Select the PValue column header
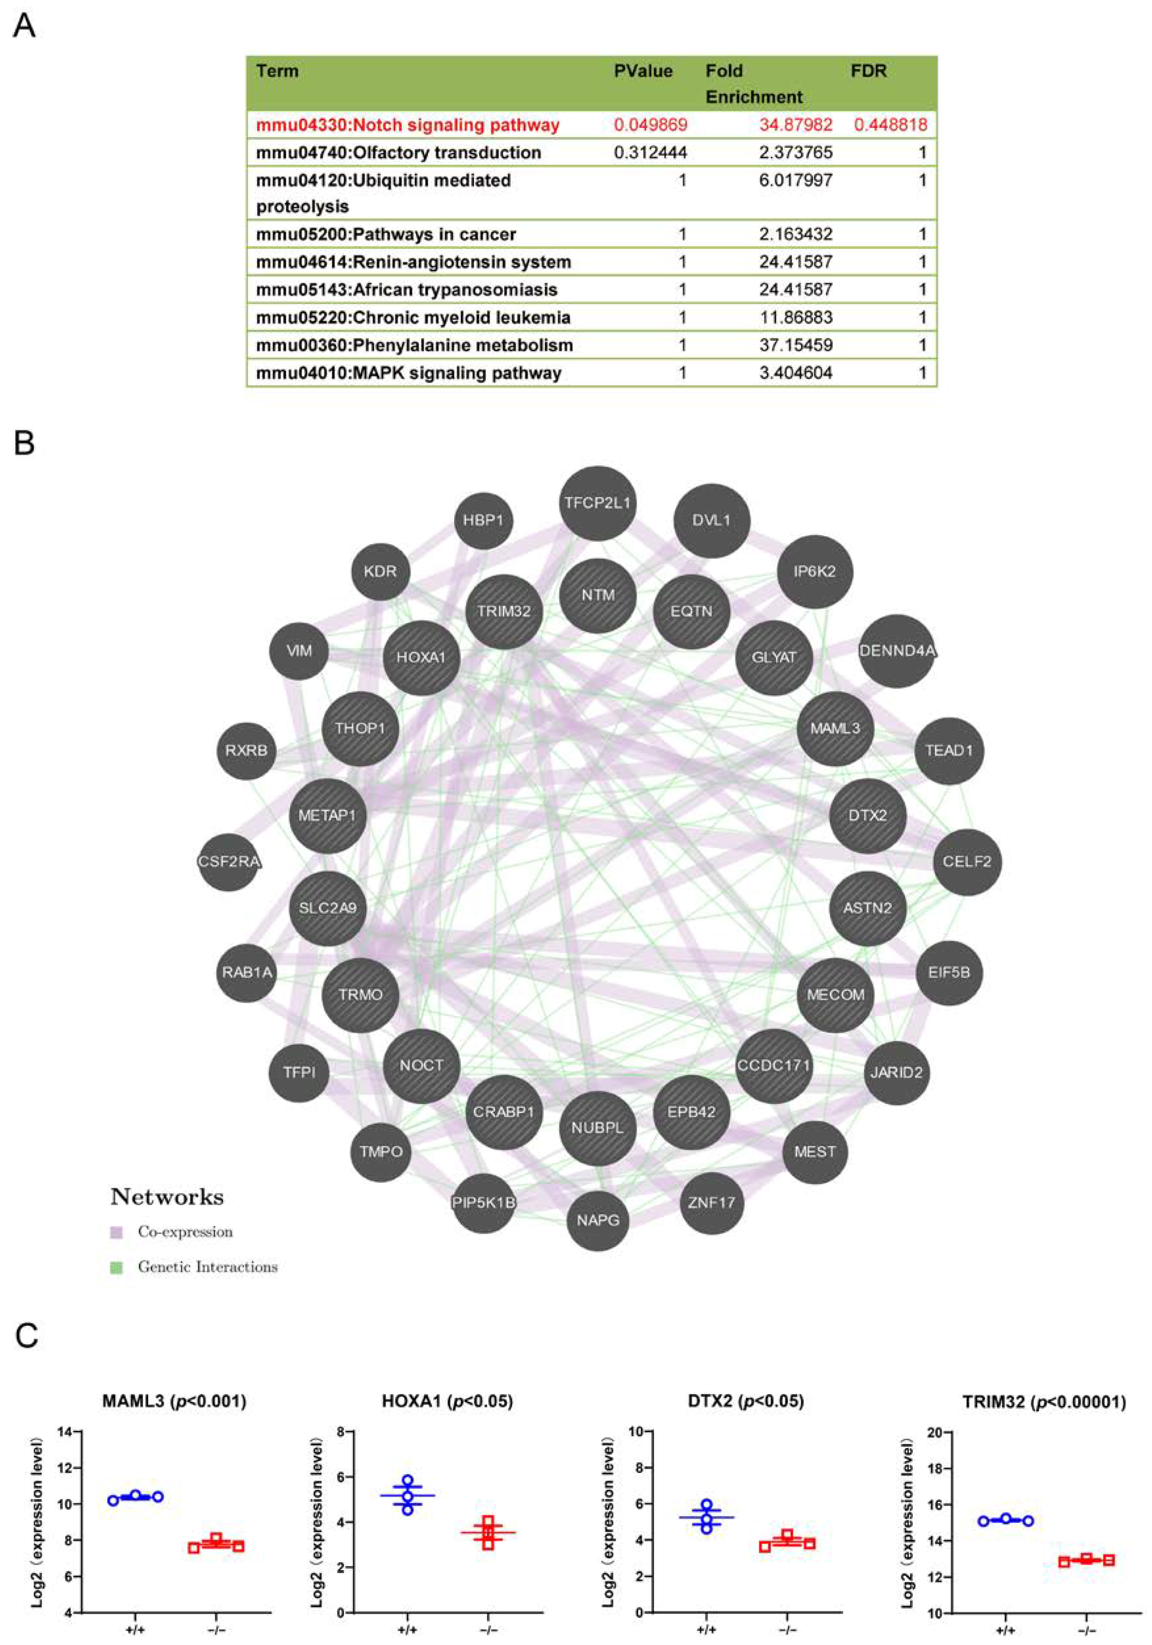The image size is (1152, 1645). coord(643,71)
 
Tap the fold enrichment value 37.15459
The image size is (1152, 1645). coord(796,345)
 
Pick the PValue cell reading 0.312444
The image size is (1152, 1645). coord(650,152)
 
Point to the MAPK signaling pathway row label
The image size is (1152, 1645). coord(409,373)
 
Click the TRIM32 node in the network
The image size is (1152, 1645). coord(504,611)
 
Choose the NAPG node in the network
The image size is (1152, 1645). coord(598,1219)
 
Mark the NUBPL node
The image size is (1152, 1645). coord(598,1128)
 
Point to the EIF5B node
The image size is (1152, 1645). coord(949,973)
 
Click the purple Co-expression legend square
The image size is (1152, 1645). coord(117,1232)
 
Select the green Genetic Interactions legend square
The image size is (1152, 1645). coord(117,1267)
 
